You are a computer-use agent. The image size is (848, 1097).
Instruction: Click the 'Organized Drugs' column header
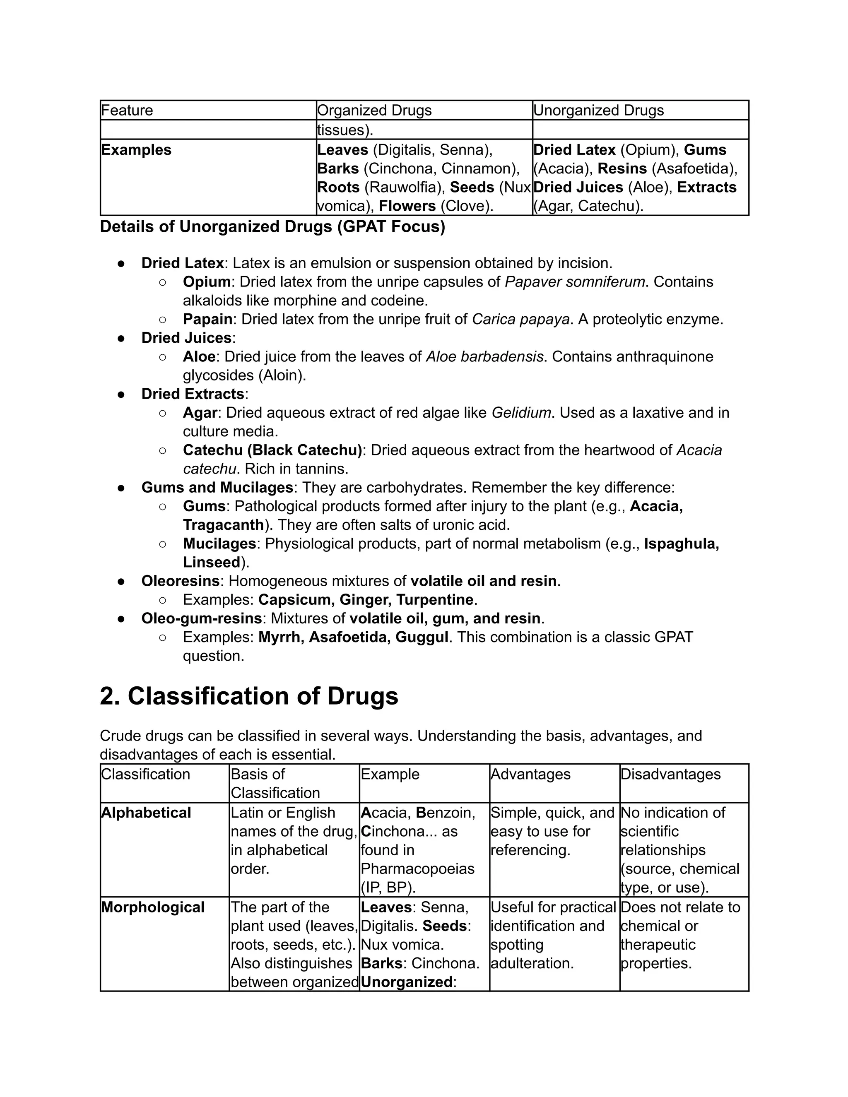tap(374, 110)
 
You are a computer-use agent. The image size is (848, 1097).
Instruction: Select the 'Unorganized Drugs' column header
tap(598, 110)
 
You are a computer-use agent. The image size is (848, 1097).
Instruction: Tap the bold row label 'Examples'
tap(136, 150)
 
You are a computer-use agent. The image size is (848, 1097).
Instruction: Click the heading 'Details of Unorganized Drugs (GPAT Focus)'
tap(272, 226)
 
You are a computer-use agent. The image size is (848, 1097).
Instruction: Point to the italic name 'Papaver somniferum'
tap(575, 282)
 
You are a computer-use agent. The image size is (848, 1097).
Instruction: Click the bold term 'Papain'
tap(207, 319)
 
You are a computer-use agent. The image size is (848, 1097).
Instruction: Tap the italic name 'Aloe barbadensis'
tap(485, 356)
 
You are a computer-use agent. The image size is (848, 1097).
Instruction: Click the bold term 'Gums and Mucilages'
tap(217, 487)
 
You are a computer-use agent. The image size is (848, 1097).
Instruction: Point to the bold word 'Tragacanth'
tap(224, 525)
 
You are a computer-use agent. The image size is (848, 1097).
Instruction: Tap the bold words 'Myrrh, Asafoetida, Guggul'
tap(353, 637)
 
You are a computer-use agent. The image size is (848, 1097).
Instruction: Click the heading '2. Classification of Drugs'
tap(249, 696)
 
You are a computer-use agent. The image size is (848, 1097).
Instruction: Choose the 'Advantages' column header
tap(530, 774)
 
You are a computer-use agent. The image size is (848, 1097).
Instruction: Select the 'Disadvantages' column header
tap(670, 774)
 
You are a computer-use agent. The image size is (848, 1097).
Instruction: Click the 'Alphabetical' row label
tap(146, 813)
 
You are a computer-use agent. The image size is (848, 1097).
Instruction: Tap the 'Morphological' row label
tap(153, 907)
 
